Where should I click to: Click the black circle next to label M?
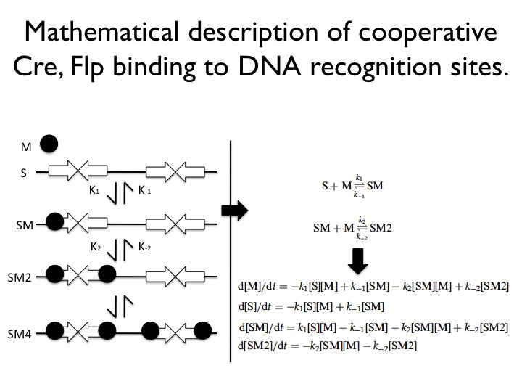click(x=49, y=144)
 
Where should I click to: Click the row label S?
click(x=23, y=173)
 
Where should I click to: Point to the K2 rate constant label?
click(x=96, y=247)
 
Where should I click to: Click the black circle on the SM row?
click(x=53, y=221)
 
